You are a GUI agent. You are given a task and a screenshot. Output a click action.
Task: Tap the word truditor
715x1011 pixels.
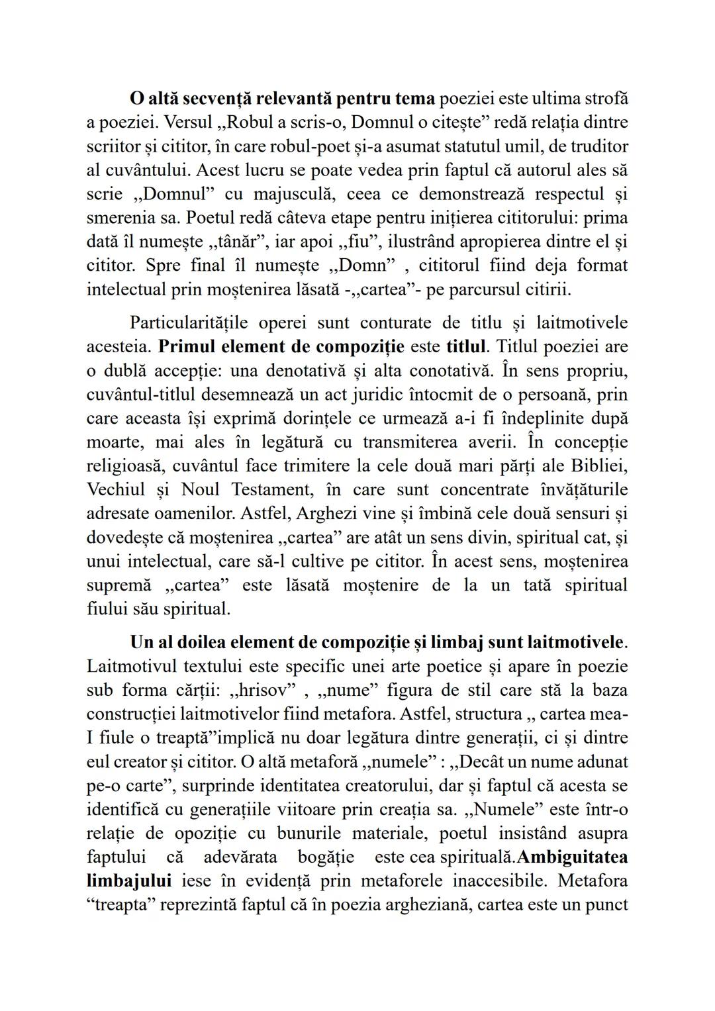[591, 146]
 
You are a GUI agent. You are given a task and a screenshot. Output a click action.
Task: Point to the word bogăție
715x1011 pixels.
[326, 856]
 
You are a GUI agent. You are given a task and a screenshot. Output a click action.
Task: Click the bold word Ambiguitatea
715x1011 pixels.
[572, 856]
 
